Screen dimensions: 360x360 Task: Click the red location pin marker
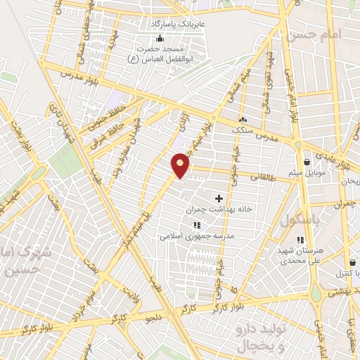click(x=181, y=165)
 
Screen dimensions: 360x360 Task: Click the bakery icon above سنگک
click(x=243, y=120)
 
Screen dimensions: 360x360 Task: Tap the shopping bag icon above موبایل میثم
click(x=307, y=162)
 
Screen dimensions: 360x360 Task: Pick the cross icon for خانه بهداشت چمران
click(x=219, y=199)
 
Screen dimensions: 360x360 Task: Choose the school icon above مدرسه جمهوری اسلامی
click(x=196, y=225)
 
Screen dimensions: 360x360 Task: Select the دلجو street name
click(x=155, y=318)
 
